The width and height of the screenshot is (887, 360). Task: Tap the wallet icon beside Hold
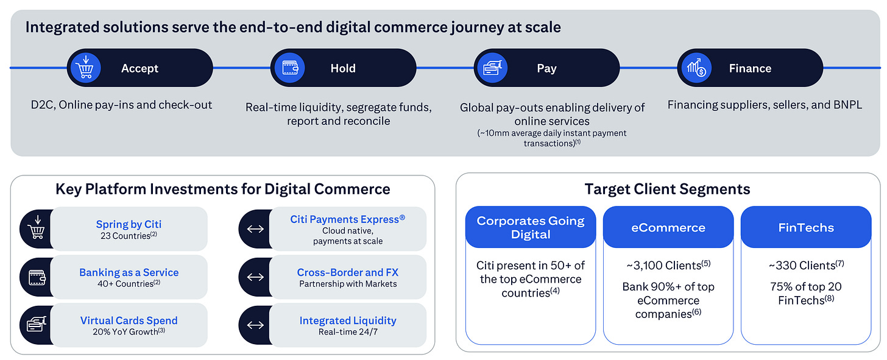[289, 68]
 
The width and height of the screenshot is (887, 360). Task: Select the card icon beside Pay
[492, 68]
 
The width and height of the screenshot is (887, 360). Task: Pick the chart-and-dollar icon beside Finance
[696, 68]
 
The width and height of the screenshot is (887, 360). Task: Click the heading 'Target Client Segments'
[667, 189]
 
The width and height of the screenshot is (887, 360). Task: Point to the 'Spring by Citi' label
[129, 224]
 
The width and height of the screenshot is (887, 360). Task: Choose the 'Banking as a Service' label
[129, 272]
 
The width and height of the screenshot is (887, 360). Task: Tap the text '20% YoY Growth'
[129, 332]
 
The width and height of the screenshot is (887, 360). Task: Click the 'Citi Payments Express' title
[348, 218]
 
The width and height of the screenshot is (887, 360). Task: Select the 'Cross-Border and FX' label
[348, 272]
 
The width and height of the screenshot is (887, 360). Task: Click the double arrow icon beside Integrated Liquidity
[255, 325]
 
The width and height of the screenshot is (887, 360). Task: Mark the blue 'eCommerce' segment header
[668, 227]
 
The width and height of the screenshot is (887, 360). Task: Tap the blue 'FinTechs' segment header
[806, 227]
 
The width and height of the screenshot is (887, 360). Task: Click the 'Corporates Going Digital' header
[531, 227]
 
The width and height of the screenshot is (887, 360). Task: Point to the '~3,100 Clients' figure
[668, 265]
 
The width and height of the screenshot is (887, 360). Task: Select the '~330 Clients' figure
[806, 265]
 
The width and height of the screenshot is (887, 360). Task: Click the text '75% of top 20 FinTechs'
[806, 293]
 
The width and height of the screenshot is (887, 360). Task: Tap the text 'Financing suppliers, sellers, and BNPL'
[765, 105]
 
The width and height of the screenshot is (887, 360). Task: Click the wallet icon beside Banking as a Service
[34, 277]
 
